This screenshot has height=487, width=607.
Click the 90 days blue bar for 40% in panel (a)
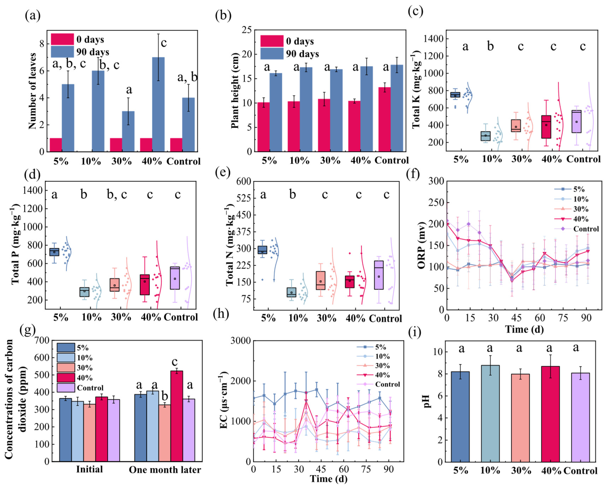tap(158, 104)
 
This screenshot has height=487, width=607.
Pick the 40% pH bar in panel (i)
tap(549, 414)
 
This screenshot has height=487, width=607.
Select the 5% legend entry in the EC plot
tap(380, 347)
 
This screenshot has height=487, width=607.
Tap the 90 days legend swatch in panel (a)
tap(62, 52)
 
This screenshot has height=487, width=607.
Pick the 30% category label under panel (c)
tap(521, 159)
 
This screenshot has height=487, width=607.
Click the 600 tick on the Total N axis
tap(244, 182)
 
